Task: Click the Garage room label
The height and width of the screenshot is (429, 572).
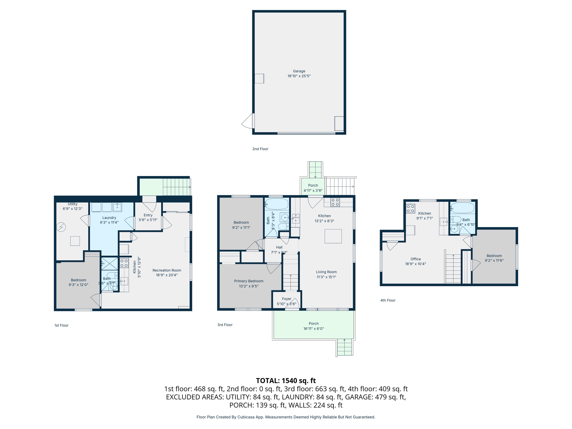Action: (x=299, y=71)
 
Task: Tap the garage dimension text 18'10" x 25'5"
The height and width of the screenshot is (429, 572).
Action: (x=299, y=76)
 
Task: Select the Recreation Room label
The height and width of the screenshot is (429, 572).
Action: (x=167, y=270)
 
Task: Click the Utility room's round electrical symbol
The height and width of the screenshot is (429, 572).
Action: (x=61, y=227)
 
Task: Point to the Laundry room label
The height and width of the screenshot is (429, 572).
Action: (x=109, y=218)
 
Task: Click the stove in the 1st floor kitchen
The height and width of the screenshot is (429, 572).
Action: (x=124, y=263)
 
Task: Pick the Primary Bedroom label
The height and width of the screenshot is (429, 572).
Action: (x=249, y=281)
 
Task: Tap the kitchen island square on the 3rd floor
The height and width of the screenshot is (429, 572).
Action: (x=333, y=236)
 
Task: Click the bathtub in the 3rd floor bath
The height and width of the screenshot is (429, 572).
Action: (x=277, y=204)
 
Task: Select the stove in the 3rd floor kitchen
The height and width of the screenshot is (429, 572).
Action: (x=335, y=202)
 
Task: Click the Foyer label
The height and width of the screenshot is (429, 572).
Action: (x=287, y=299)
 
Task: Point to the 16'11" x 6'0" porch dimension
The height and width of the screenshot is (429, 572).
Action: (x=313, y=329)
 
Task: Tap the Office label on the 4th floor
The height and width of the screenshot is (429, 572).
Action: (x=416, y=259)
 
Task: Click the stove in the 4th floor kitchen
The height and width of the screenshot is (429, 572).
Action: (x=410, y=209)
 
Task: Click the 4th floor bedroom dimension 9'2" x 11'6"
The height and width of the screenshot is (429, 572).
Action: (x=494, y=261)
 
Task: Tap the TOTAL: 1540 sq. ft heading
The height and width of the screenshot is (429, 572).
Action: (x=286, y=381)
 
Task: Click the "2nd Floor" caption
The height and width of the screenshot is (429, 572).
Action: (x=260, y=149)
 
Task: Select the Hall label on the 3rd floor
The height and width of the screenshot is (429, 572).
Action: (x=279, y=247)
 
